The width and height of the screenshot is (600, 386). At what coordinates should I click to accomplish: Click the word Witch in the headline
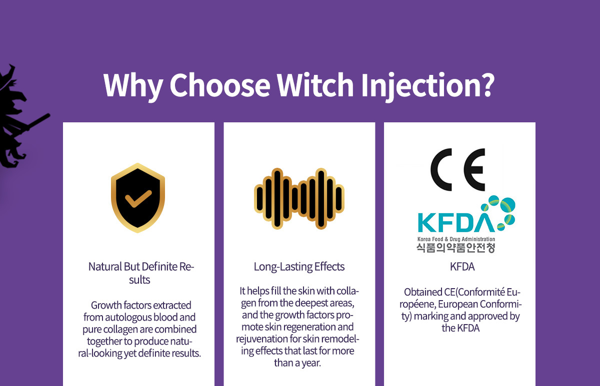315,85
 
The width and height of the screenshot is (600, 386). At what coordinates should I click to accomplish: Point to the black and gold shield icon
137,198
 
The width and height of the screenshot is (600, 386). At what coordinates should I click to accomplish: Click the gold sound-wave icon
299,198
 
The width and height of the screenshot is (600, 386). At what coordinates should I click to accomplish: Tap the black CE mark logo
458,170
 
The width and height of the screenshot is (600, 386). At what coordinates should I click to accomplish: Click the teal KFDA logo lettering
456,222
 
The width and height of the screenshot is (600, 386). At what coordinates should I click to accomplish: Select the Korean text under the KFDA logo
455,248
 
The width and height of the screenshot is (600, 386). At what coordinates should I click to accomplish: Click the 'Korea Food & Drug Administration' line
456,239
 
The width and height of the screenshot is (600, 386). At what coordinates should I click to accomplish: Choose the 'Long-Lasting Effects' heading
299,267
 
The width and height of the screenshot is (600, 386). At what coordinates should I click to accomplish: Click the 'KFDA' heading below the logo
462,267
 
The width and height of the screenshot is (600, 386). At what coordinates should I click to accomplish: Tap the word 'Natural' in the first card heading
105,267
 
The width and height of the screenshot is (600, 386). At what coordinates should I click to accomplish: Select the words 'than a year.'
297,363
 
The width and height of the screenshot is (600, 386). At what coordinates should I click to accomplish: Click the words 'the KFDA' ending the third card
460,328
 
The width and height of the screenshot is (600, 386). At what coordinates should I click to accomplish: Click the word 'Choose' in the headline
219,85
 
